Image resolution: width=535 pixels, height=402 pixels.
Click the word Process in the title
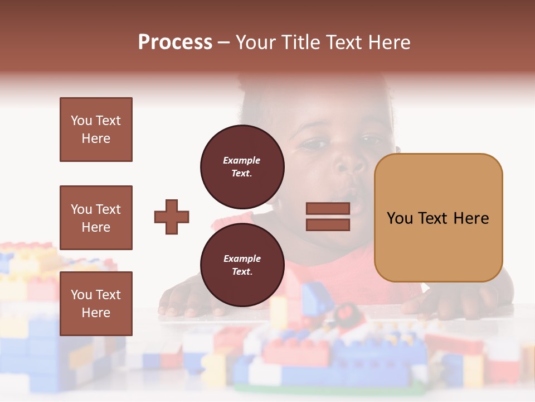click(x=175, y=42)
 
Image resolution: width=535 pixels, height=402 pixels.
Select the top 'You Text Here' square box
click(x=96, y=130)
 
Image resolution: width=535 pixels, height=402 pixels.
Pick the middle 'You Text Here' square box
click(x=96, y=218)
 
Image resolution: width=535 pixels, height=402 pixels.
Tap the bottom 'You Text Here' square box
click(x=96, y=303)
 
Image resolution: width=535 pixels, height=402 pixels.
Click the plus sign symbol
click(x=172, y=217)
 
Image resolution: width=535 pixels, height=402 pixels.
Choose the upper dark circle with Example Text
click(x=242, y=166)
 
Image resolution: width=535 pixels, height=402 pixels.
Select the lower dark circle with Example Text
click(x=242, y=265)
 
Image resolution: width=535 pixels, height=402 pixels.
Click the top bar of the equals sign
click(x=328, y=208)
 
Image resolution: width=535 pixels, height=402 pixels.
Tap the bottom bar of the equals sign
click(x=328, y=224)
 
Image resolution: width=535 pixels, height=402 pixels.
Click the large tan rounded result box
click(x=438, y=217)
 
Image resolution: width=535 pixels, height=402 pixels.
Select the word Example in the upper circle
click(x=242, y=160)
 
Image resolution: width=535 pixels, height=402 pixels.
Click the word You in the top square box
click(x=81, y=121)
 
